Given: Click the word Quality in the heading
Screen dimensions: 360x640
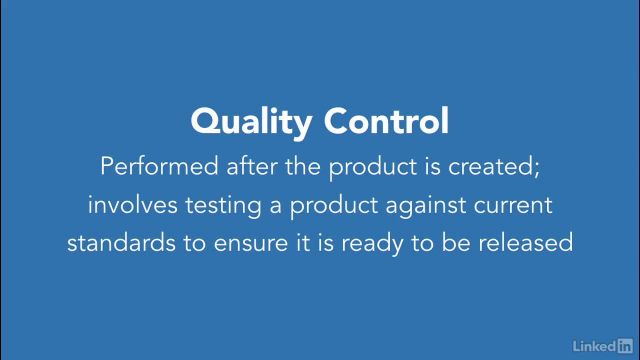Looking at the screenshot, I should [x=250, y=122].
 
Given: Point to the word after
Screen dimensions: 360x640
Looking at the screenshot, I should [x=234, y=166].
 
